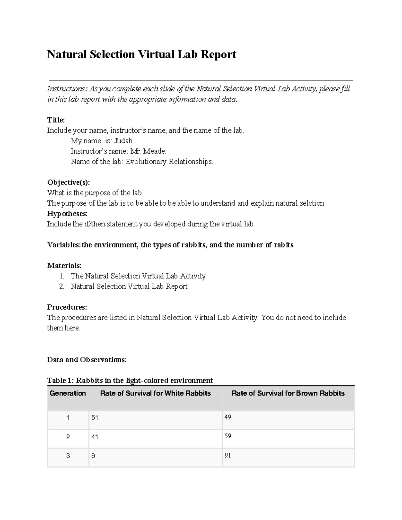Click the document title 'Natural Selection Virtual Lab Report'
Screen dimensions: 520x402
141,54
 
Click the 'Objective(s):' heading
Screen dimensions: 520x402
68,182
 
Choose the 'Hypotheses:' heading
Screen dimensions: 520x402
67,214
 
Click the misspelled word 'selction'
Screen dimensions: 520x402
312,203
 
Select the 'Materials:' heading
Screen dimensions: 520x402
64,266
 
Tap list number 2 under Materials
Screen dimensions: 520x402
61,286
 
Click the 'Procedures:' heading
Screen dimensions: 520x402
67,307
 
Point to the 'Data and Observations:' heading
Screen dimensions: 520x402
87,360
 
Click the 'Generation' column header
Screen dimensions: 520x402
68,393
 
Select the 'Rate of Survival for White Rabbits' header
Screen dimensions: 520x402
155,393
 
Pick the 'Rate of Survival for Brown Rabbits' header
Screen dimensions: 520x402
288,393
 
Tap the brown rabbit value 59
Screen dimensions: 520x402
228,436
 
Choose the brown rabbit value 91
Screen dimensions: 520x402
228,455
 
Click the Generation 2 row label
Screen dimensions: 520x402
68,437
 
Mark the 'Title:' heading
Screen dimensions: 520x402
56,120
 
